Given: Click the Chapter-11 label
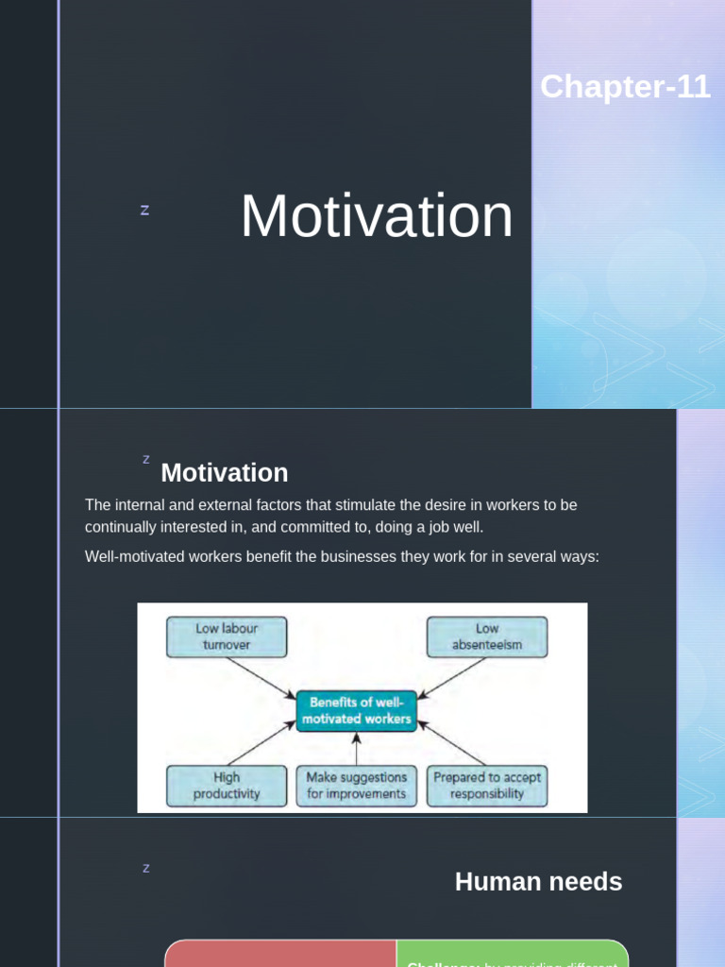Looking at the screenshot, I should coord(625,87).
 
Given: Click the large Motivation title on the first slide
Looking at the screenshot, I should coord(377,216).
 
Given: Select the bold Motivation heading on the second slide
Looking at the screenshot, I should coord(225,472).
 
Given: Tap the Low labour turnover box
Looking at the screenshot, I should coord(227,637).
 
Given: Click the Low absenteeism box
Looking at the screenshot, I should coord(487,637).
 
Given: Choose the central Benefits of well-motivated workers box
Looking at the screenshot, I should coord(356,711).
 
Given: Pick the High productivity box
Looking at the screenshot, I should coord(227,786).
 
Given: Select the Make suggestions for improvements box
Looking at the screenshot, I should coord(356,786).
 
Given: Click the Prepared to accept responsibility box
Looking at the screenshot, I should coord(487,786).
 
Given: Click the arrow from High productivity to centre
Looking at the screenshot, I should coord(261,743).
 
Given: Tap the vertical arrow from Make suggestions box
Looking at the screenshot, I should coord(356,748).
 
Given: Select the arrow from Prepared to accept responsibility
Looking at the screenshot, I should coord(451,744).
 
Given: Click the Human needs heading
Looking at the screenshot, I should coord(538,882).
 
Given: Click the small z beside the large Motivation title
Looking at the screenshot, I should coord(144,210).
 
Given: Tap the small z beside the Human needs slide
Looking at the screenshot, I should coord(145,868).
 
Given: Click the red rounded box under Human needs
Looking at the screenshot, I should coord(280,954).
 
